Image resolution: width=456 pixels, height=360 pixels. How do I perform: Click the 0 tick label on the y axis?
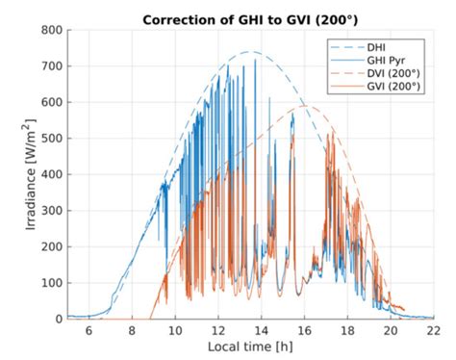click(x=56, y=319)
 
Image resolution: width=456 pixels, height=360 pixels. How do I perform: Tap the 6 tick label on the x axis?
click(x=89, y=330)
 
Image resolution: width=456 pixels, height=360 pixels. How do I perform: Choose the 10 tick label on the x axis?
click(x=174, y=330)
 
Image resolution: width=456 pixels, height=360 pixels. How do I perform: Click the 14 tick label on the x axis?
click(x=261, y=330)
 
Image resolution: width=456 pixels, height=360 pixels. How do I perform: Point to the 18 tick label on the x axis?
click(x=347, y=330)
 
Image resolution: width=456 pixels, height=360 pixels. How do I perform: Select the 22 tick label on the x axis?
click(x=433, y=330)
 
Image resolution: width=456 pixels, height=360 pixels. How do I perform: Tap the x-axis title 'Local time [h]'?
click(x=249, y=346)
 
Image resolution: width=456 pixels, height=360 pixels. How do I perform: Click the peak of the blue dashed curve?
click(x=250, y=52)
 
